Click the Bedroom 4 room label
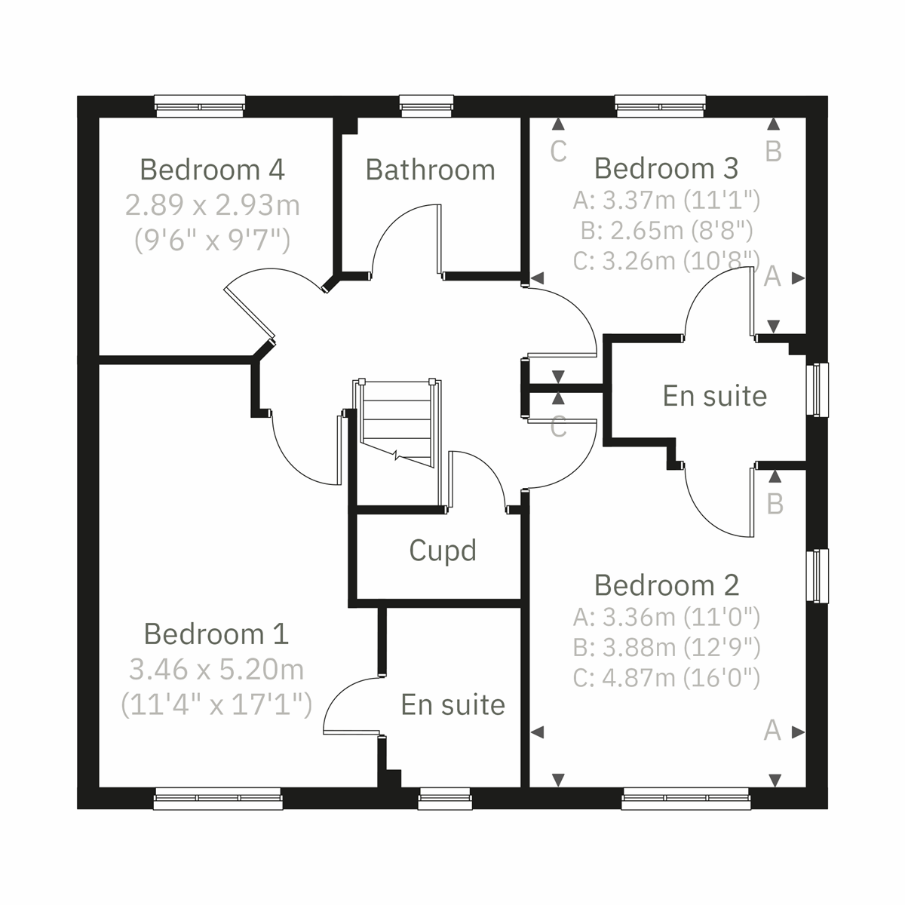[x=212, y=170]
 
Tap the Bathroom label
[x=430, y=170]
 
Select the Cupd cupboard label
[x=443, y=551]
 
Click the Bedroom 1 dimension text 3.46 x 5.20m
[x=216, y=669]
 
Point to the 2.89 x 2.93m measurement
[x=213, y=205]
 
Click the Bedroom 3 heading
[x=666, y=168]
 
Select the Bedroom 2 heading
[x=666, y=585]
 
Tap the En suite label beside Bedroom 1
[x=452, y=704]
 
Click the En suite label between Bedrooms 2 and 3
[x=714, y=396]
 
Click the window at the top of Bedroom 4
[x=200, y=106]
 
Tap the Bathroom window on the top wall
[x=427, y=106]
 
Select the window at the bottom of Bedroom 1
[x=218, y=799]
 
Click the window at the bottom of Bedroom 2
[x=686, y=799]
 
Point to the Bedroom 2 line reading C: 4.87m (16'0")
[x=666, y=678]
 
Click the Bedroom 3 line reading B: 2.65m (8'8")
[x=666, y=230]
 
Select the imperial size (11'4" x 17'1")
[x=216, y=704]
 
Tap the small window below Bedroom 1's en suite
[x=445, y=799]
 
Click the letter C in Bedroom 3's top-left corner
[x=558, y=152]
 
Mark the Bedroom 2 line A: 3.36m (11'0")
[x=666, y=618]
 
